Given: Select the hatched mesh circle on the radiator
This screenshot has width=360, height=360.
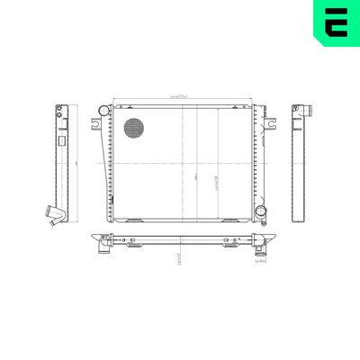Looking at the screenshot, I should click(x=133, y=128).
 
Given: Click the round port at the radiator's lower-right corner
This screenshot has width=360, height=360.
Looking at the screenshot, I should click(x=260, y=212).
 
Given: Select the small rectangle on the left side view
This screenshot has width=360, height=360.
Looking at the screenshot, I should click(x=62, y=142).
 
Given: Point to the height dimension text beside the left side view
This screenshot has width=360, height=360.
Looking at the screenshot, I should click(x=78, y=163).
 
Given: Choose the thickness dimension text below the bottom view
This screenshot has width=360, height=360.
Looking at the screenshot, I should click(x=181, y=256).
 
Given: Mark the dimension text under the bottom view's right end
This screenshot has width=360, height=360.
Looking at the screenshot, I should click(x=262, y=262).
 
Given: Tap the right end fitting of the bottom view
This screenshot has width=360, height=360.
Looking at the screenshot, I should click(x=262, y=240).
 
